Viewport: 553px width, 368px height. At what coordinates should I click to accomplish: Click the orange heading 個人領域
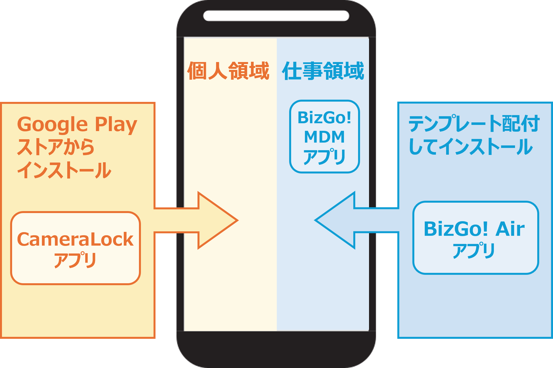(228, 71)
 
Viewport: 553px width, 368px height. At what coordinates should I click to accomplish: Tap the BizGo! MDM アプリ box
(324, 136)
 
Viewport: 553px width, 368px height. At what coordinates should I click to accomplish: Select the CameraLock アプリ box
(75, 248)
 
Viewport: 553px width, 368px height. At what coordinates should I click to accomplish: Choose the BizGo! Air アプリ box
(475, 237)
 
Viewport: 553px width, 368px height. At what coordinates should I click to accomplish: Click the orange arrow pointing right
(214, 220)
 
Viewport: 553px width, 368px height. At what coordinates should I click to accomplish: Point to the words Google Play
(77, 124)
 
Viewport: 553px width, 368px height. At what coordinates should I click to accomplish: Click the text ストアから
(56, 147)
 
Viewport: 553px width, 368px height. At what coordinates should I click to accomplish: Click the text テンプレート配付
(474, 124)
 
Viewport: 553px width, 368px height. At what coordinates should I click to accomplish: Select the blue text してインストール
(471, 147)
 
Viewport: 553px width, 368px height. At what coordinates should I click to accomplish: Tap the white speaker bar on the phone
(276, 16)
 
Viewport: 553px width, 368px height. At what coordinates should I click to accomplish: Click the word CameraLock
(75, 239)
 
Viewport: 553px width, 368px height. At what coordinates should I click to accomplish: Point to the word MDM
(324, 137)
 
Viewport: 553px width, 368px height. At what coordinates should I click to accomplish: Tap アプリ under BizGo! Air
(474, 250)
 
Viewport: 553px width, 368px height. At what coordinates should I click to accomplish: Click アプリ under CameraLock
(75, 260)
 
